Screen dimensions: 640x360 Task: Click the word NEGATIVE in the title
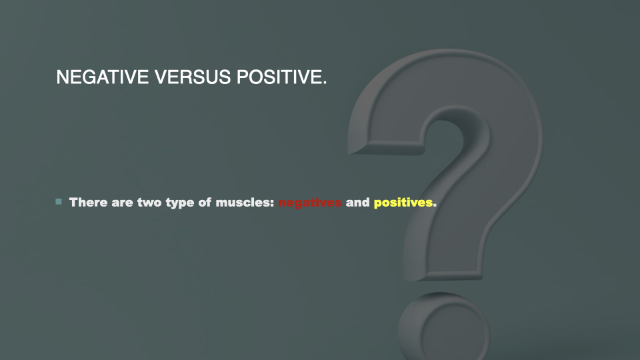103,77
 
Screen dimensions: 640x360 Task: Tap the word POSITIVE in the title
279,77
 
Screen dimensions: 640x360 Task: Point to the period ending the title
325,83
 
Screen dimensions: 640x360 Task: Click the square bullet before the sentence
59,201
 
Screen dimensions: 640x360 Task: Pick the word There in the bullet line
89,202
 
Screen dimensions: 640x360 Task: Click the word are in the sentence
122,203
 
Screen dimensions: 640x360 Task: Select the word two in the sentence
149,203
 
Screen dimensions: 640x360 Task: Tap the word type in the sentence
180,203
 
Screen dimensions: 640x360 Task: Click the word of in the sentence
205,202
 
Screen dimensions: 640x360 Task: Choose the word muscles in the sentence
243,202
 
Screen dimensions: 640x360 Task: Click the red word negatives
310,203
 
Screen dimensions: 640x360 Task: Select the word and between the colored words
357,202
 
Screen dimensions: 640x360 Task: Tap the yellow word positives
403,203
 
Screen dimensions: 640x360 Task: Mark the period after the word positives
435,205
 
